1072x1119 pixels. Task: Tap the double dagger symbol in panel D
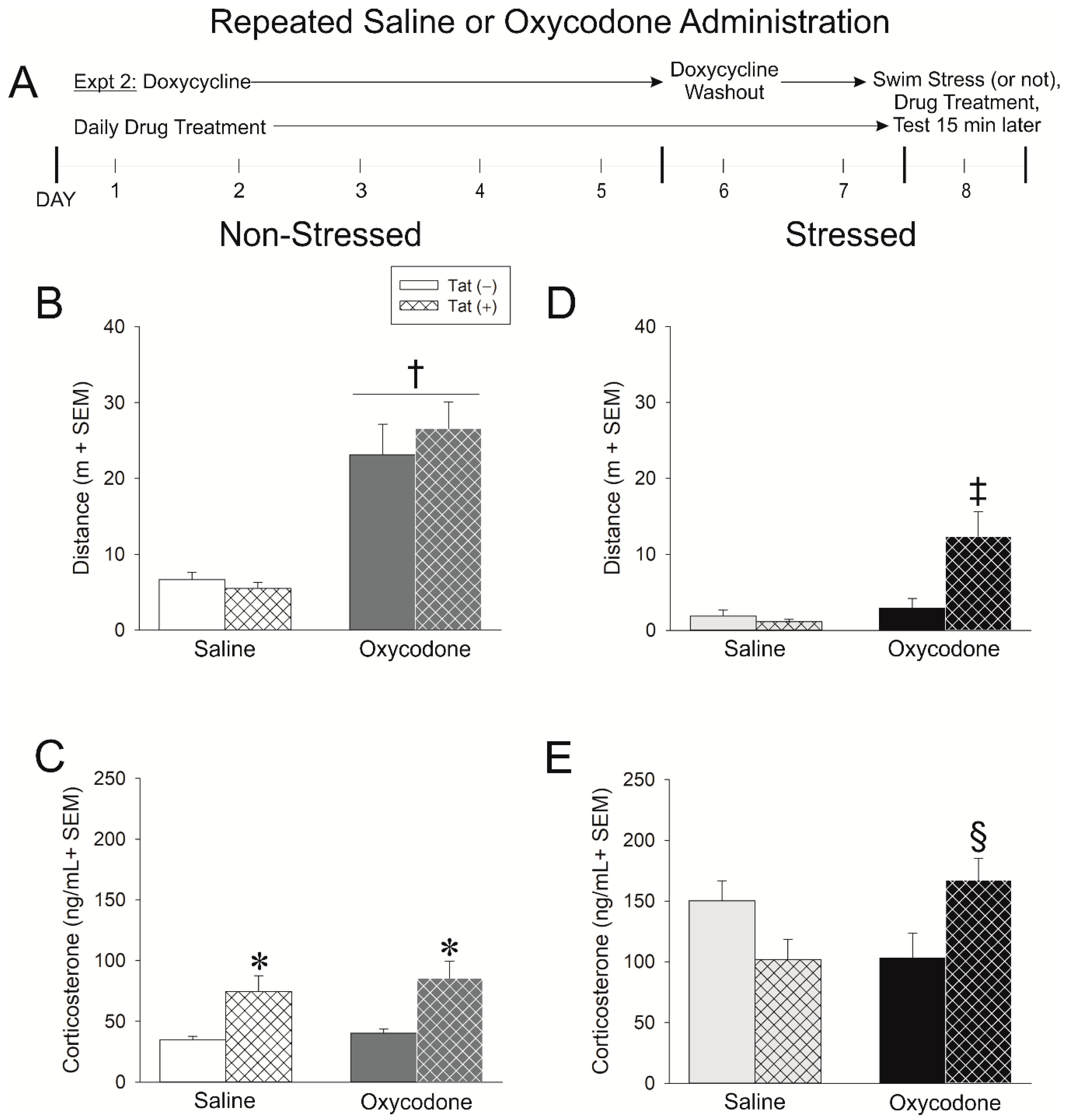(x=978, y=492)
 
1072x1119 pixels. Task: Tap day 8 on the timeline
(x=965, y=191)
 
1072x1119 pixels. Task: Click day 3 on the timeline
(x=361, y=191)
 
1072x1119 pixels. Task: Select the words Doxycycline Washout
(x=724, y=81)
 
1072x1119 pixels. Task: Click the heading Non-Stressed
(x=320, y=235)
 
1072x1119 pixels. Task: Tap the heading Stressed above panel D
(x=850, y=235)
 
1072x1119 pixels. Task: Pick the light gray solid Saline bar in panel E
(x=721, y=992)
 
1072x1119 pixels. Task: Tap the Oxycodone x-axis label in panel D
(x=944, y=649)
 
